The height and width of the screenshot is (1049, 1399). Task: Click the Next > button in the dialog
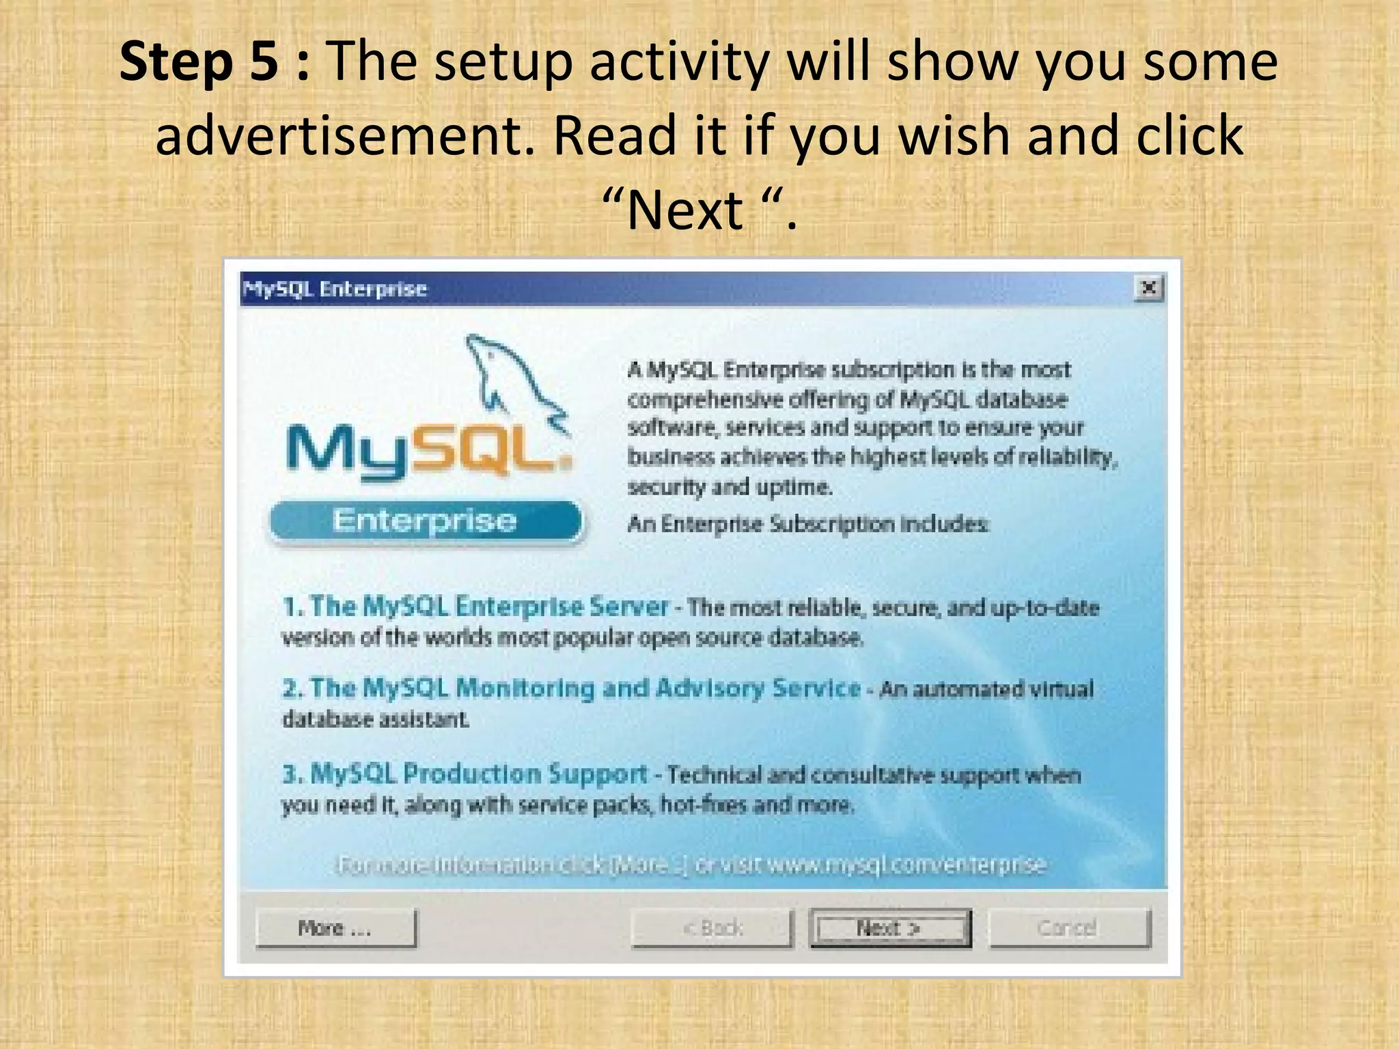[889, 927]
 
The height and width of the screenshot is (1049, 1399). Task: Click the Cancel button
[1069, 927]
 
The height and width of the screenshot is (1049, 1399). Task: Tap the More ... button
[335, 927]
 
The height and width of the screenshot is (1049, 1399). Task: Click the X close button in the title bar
[1149, 288]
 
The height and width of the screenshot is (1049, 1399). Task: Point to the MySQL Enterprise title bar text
[335, 289]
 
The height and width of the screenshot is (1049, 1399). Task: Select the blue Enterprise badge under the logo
[425, 522]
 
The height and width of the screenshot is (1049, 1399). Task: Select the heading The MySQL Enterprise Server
[475, 606]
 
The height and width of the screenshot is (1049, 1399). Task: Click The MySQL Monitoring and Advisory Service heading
[571, 688]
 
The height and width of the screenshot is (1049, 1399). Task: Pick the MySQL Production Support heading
[465, 774]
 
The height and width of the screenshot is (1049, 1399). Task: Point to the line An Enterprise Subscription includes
[807, 524]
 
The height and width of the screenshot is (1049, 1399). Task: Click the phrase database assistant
[376, 719]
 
